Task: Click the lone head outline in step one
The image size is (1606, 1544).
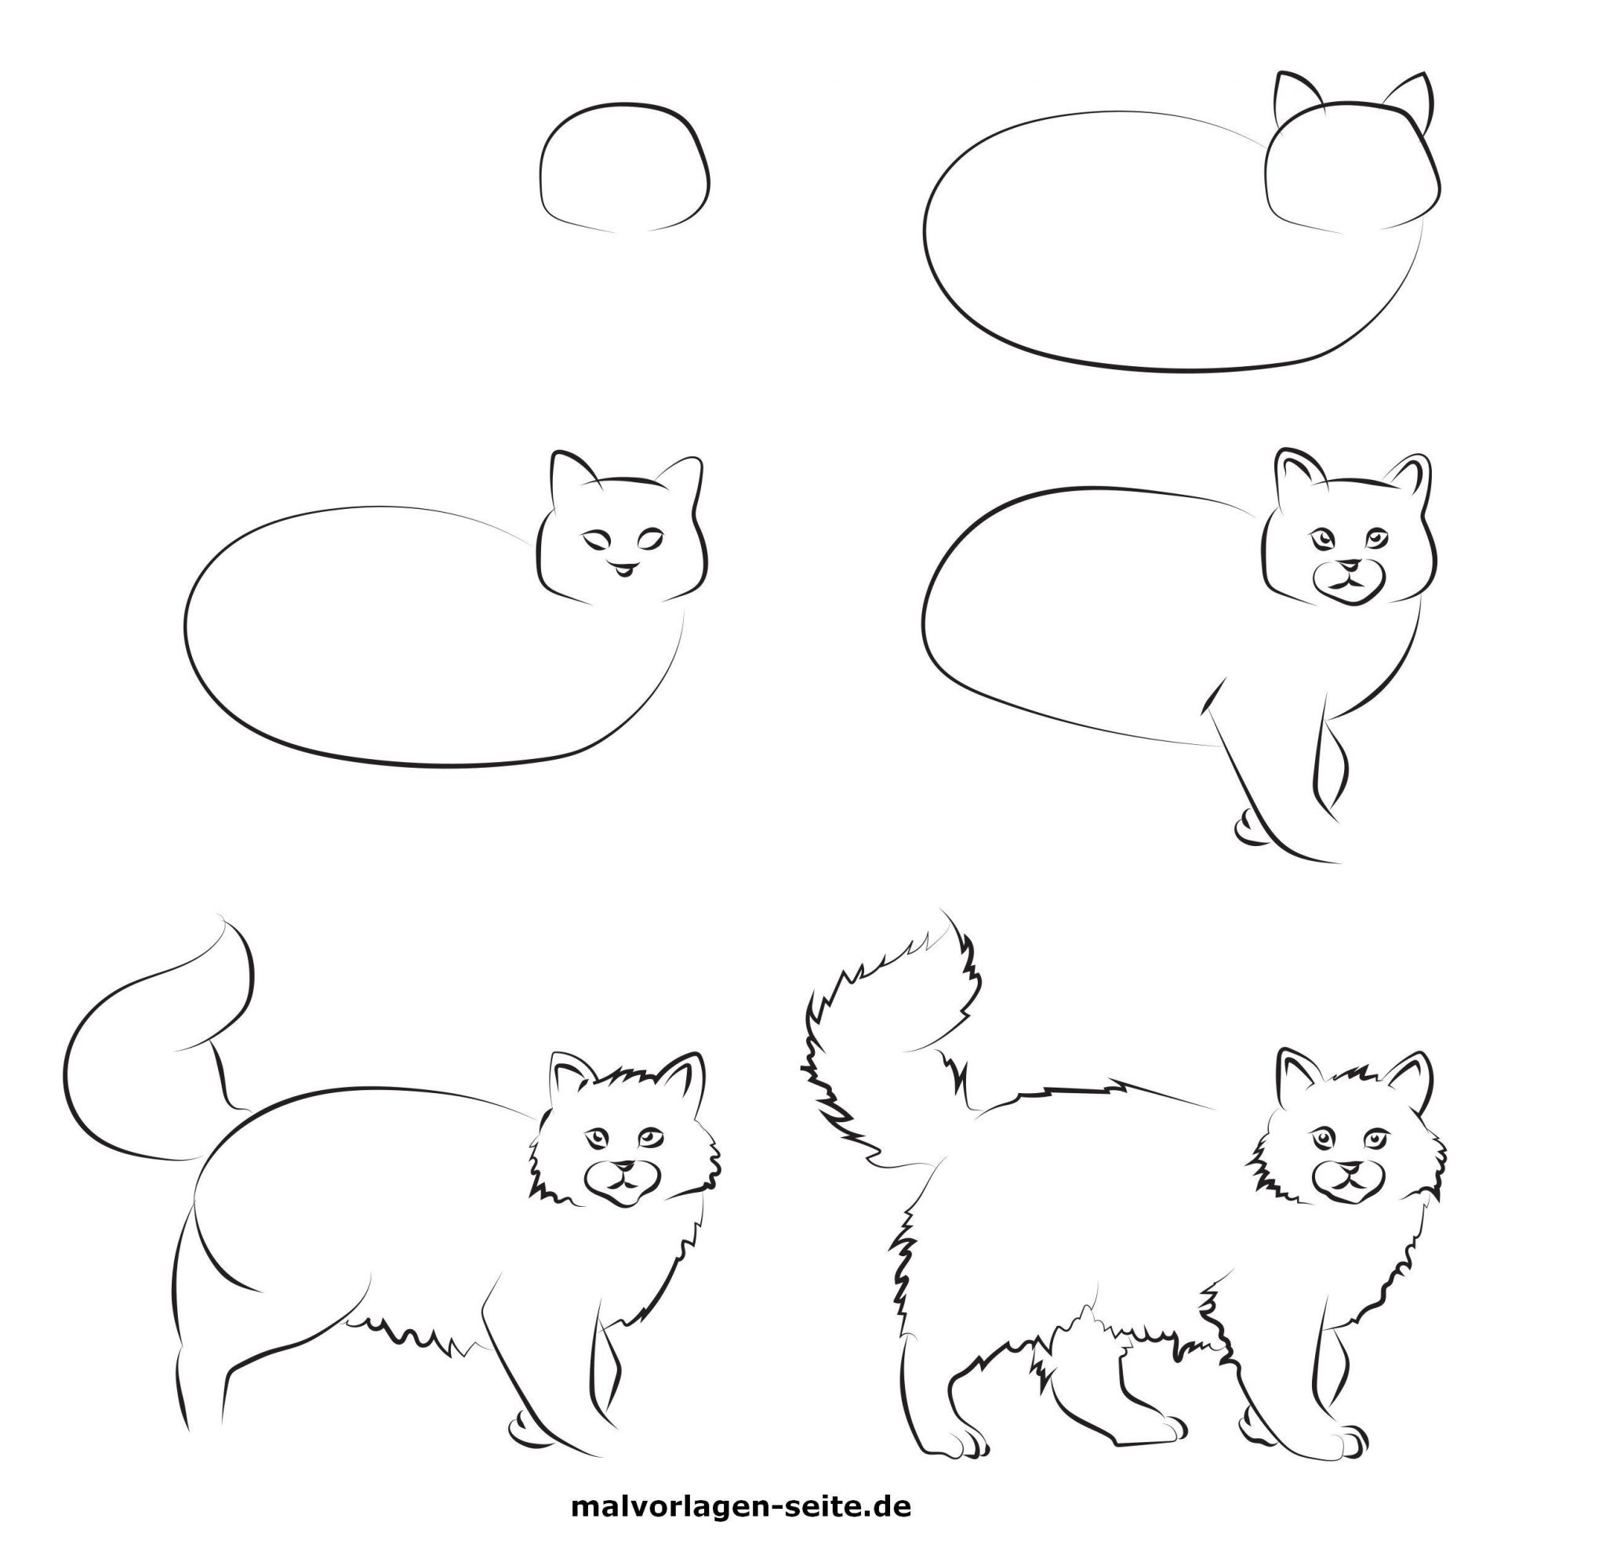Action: (624, 167)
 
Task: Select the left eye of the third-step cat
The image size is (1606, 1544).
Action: (598, 539)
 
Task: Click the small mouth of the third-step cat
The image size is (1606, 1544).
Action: (623, 567)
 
